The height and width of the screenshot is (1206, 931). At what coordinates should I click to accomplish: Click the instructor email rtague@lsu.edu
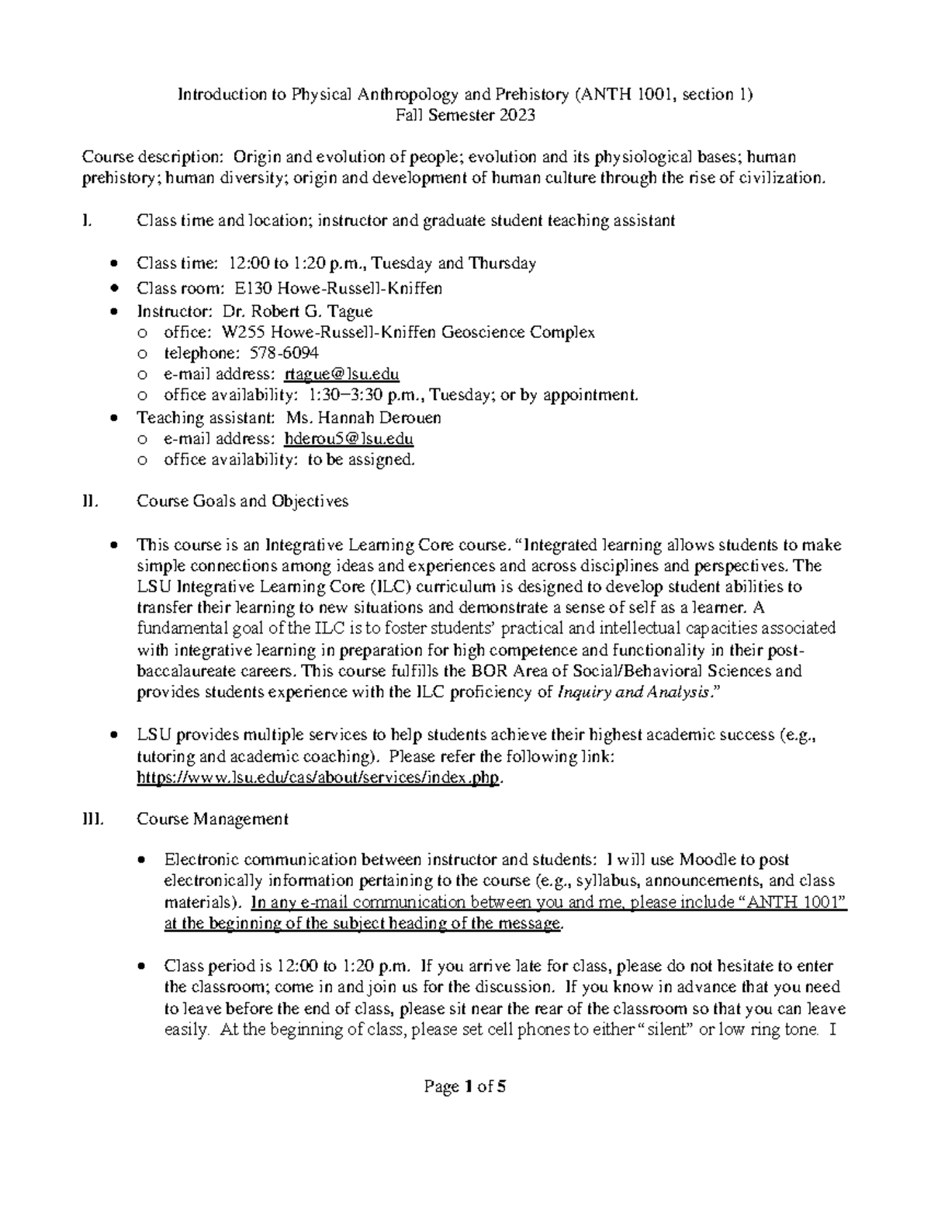341,374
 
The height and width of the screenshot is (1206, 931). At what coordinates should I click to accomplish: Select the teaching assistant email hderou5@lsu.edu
348,439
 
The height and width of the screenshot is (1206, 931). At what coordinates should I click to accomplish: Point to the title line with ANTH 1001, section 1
465,95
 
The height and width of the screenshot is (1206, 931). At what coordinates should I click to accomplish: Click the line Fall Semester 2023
465,116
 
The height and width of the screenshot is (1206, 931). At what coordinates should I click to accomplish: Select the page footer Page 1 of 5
465,1087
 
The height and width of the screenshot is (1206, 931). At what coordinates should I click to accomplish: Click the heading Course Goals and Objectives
242,501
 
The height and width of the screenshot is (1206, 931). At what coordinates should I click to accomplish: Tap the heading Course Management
212,818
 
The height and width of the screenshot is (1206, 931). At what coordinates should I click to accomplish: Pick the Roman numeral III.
92,818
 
